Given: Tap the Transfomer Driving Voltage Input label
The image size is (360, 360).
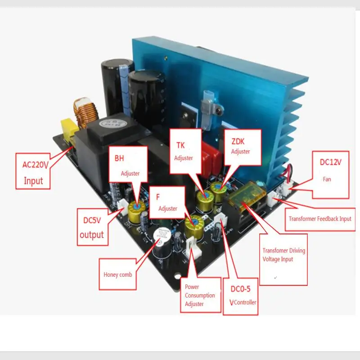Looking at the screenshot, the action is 283,259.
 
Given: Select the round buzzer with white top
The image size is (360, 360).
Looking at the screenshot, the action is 162,238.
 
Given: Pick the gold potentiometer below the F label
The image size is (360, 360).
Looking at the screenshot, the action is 197,224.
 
